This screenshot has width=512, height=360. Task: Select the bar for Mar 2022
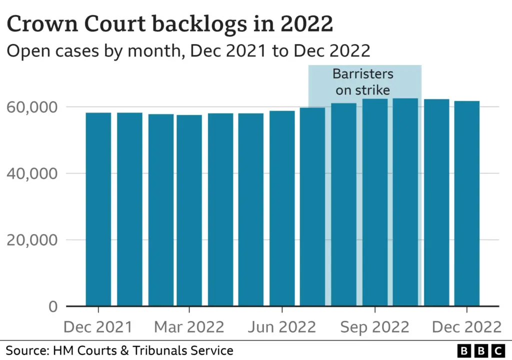coord(189,210)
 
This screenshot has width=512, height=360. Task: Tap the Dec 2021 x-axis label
coord(98,327)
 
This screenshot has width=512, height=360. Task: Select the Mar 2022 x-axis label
coord(189,327)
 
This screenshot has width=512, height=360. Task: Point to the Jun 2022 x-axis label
coord(282,327)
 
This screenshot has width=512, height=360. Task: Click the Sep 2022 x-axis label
coord(375,327)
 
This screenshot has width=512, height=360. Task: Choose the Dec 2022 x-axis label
coord(466,327)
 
